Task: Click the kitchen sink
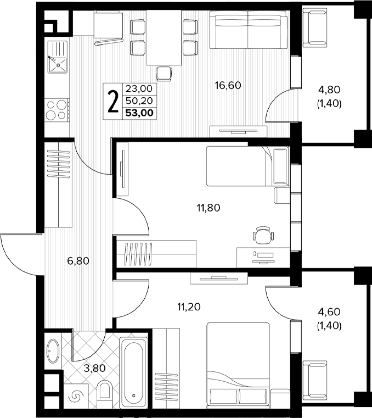coord(57,57)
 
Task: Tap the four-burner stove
coord(57,109)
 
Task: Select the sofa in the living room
coord(248,30)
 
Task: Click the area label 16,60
coord(228,85)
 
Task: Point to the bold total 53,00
coord(139,113)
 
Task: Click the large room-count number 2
coord(113,101)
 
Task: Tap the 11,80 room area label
coord(208,208)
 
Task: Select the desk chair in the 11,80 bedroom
coord(263,235)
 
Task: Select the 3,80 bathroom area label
coord(94,369)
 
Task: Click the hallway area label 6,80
coord(78,261)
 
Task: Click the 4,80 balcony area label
coord(329,90)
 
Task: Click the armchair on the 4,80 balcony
coord(315,27)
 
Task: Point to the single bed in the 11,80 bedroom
coord(247,166)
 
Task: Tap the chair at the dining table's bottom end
coord(164,74)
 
